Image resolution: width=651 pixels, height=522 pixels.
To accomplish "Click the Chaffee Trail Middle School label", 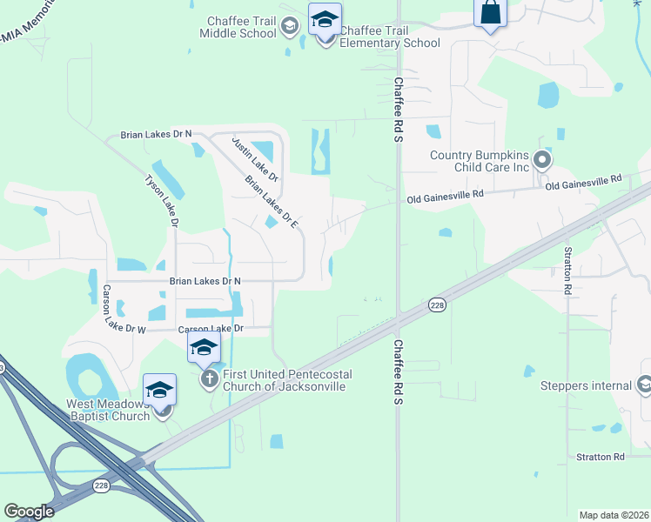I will [x=238, y=26].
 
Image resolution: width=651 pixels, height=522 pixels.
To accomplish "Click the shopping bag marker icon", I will [x=490, y=13].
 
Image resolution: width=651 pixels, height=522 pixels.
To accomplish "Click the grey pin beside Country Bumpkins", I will [x=541, y=160].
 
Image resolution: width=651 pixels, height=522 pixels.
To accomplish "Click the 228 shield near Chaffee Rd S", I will [x=437, y=304].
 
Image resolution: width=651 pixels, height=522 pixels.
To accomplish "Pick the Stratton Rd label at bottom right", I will [x=601, y=457].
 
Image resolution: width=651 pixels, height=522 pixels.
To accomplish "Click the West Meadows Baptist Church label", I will [x=107, y=411].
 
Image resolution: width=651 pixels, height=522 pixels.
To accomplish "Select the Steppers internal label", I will [x=586, y=386].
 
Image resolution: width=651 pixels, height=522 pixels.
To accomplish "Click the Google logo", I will [x=28, y=512].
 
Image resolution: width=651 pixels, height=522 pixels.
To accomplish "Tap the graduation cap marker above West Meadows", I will [x=160, y=391].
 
